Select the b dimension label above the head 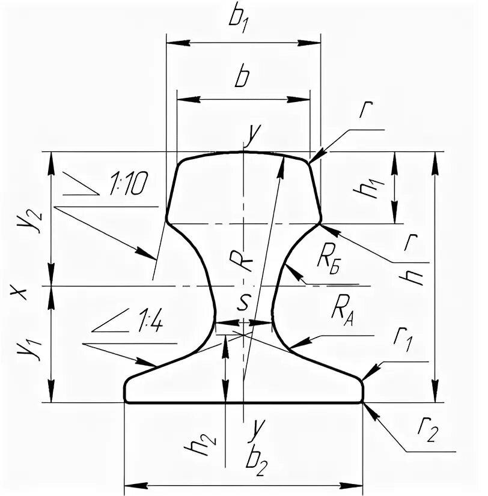[x=242, y=78]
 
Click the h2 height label [x=206, y=444]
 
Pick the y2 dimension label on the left [x=21, y=220]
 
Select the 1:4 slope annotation [x=148, y=325]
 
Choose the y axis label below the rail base [x=258, y=428]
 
